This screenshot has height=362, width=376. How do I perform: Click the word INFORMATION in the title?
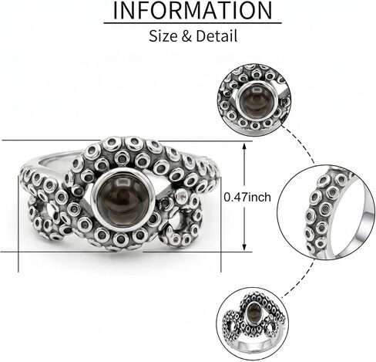point(192,10)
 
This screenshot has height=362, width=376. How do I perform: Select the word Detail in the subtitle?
point(217,36)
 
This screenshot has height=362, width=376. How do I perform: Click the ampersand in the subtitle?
point(187,36)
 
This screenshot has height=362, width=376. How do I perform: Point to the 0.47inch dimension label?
point(247,198)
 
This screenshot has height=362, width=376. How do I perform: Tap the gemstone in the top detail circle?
point(255,100)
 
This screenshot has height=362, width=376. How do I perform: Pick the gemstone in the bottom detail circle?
point(253,313)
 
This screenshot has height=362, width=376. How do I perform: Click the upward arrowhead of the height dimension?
point(244,146)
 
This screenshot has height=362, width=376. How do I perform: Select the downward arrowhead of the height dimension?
point(244,247)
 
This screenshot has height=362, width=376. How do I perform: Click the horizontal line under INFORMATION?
point(193,23)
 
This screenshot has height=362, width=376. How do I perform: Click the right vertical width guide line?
point(221,224)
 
